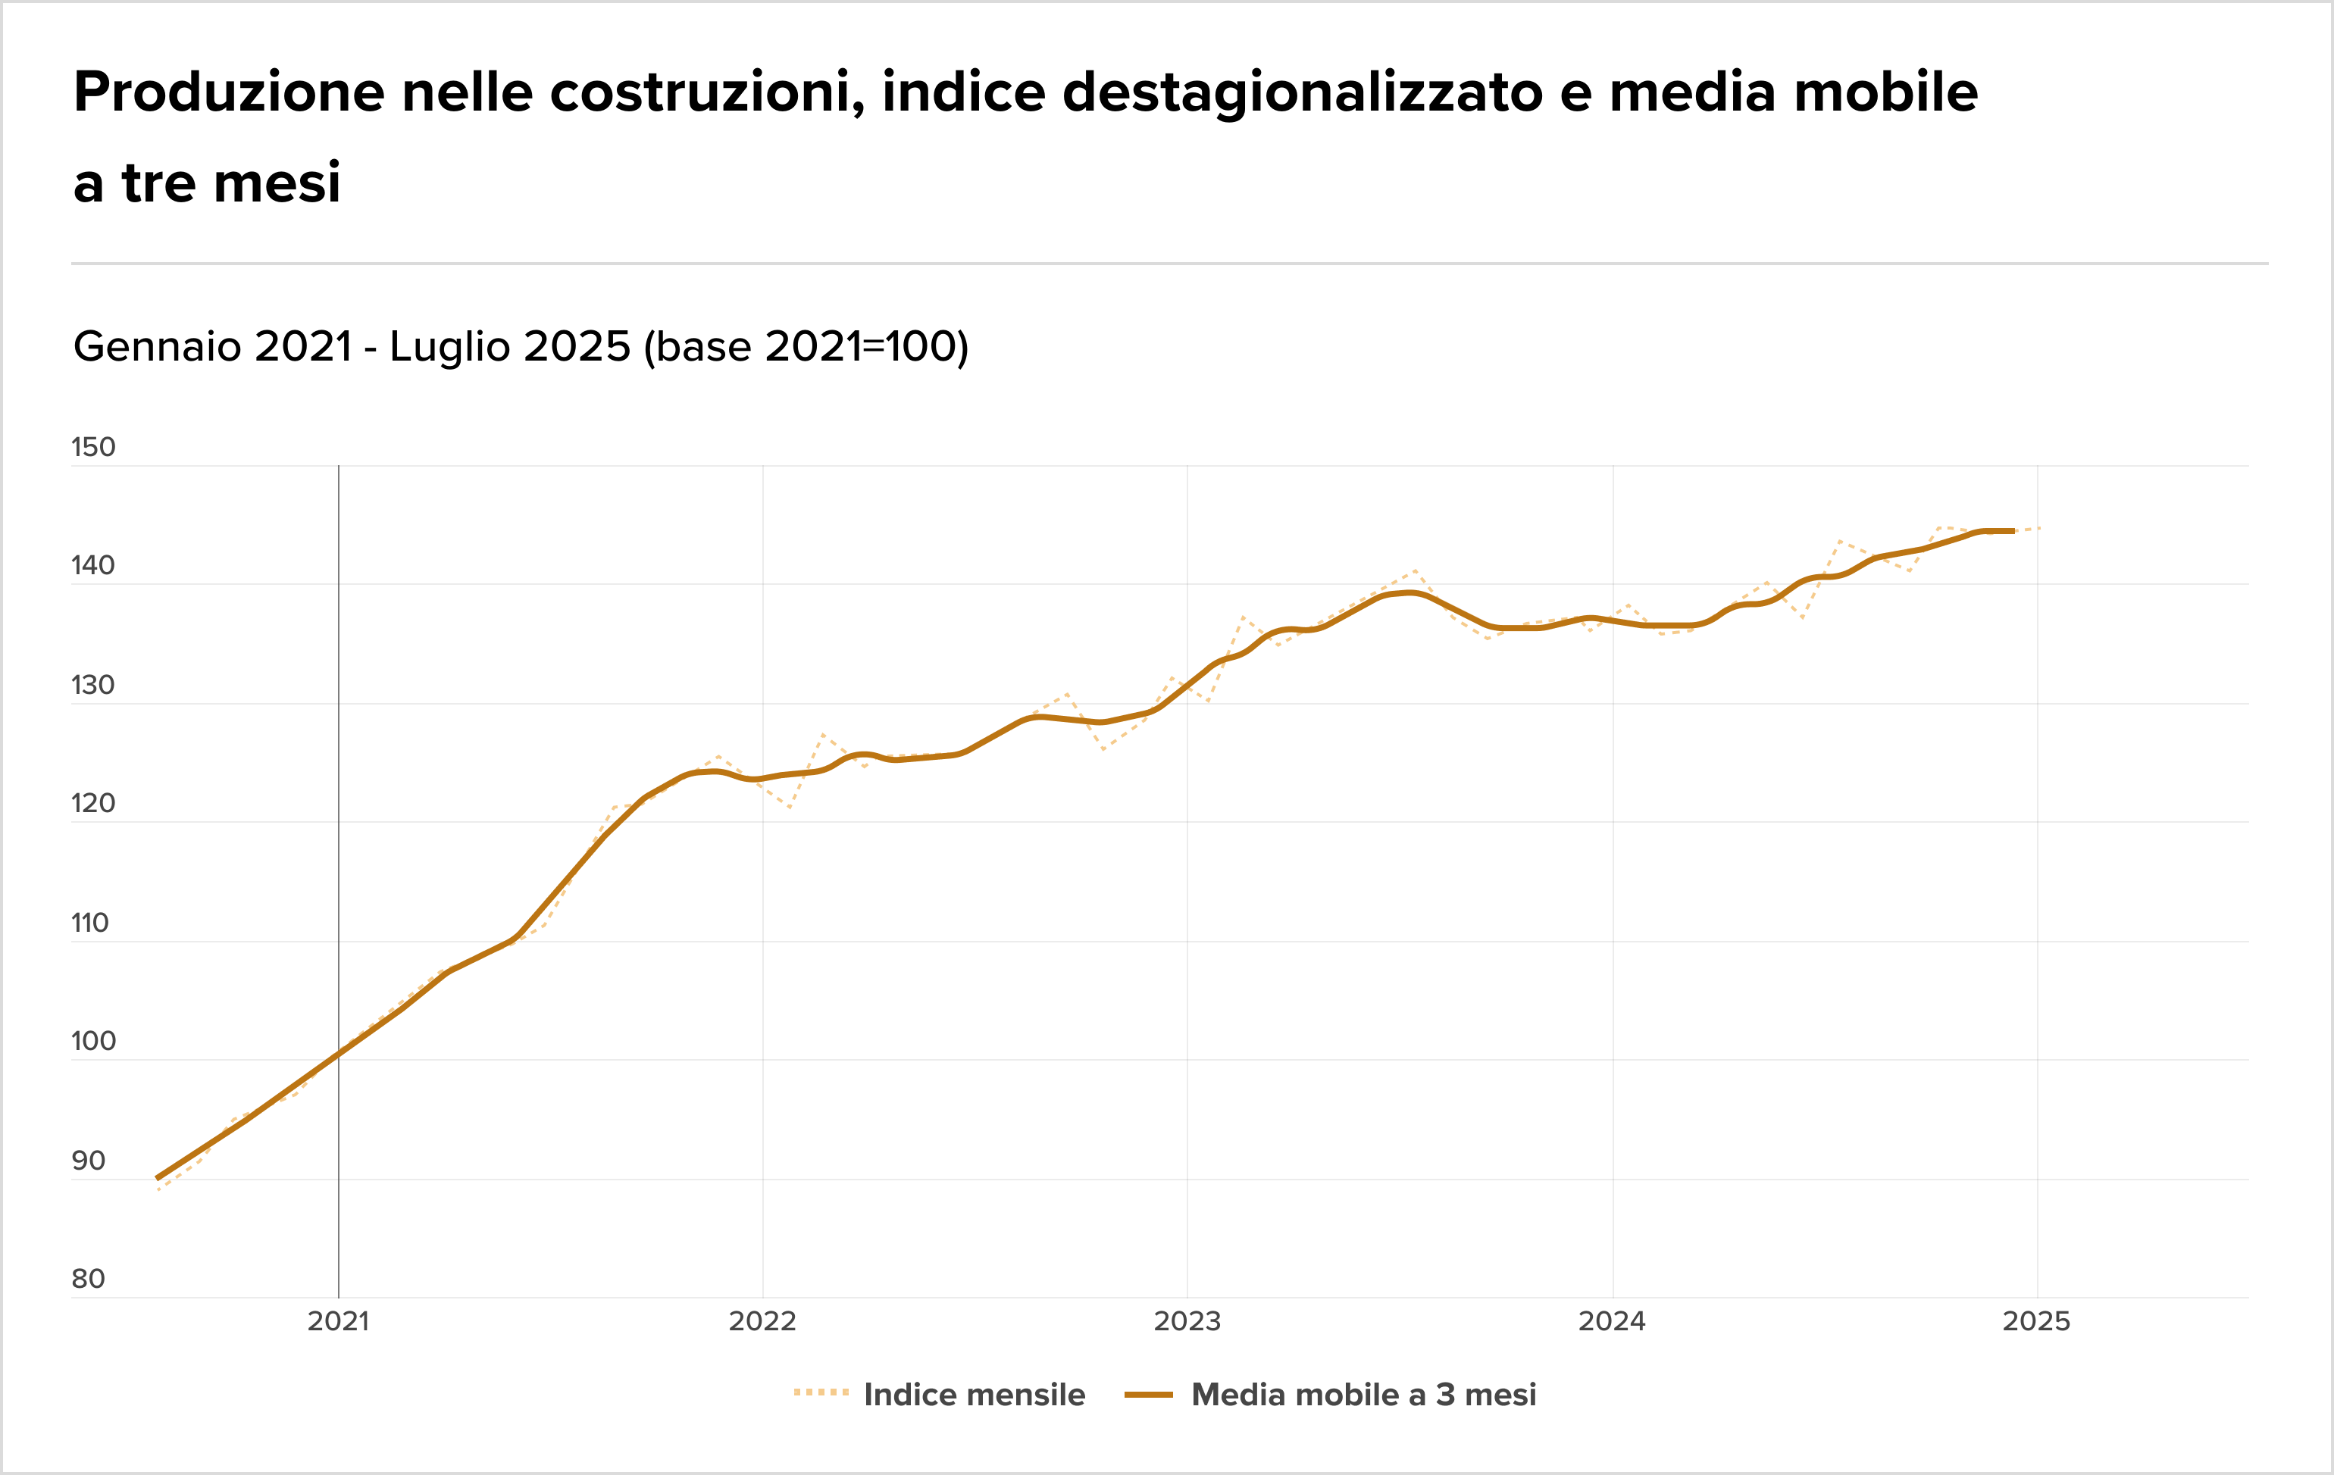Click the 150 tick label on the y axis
coord(93,447)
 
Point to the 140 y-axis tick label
coord(93,565)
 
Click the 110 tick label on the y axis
coord(90,923)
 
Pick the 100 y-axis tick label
coord(93,1041)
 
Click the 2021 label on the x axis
coord(338,1321)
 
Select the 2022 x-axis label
coord(763,1321)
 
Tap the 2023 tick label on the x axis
coord(1187,1321)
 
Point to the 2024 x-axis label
coord(1612,1321)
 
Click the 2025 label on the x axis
coord(2036,1321)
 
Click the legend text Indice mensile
coord(974,1395)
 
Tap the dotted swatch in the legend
coord(821,1394)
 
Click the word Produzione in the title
coord(229,93)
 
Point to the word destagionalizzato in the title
coord(1303,93)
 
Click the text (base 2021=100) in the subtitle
coord(806,347)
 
